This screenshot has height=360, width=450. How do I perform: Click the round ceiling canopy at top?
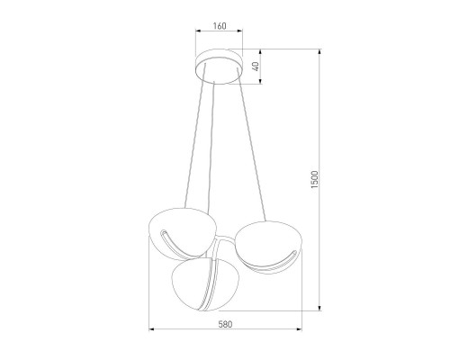pos(220,70)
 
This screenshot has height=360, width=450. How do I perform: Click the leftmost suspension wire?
pos(188,144)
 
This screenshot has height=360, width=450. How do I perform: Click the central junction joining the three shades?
pos(220,247)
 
